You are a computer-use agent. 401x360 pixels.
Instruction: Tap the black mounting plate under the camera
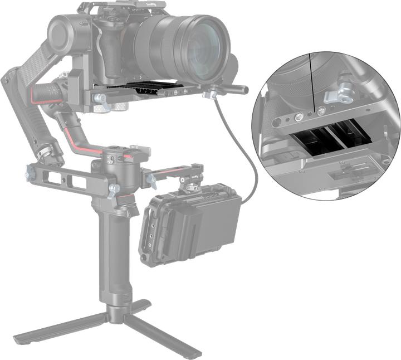tap(145, 88)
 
